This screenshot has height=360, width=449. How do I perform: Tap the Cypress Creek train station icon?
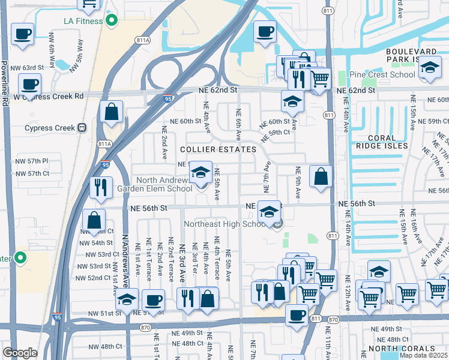[x=82, y=128]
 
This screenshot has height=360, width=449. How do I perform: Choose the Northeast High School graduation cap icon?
[x=270, y=212]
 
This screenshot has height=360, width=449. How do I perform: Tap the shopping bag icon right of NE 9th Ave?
[x=321, y=176]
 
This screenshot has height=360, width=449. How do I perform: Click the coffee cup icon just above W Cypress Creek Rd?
[x=29, y=84]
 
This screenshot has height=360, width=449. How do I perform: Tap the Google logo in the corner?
[x=20, y=352]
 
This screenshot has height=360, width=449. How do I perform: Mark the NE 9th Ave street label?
[x=298, y=186]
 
